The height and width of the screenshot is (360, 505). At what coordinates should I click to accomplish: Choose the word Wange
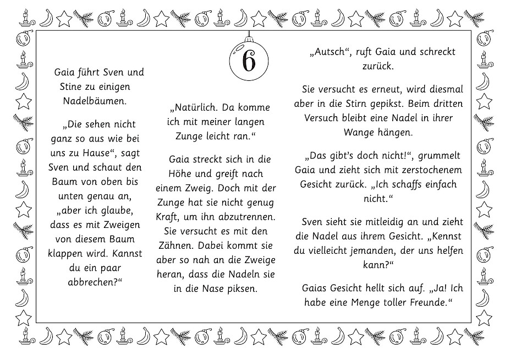(358, 132)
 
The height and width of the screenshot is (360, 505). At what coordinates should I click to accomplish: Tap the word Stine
(72, 86)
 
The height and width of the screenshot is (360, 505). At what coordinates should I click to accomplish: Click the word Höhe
(170, 174)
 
